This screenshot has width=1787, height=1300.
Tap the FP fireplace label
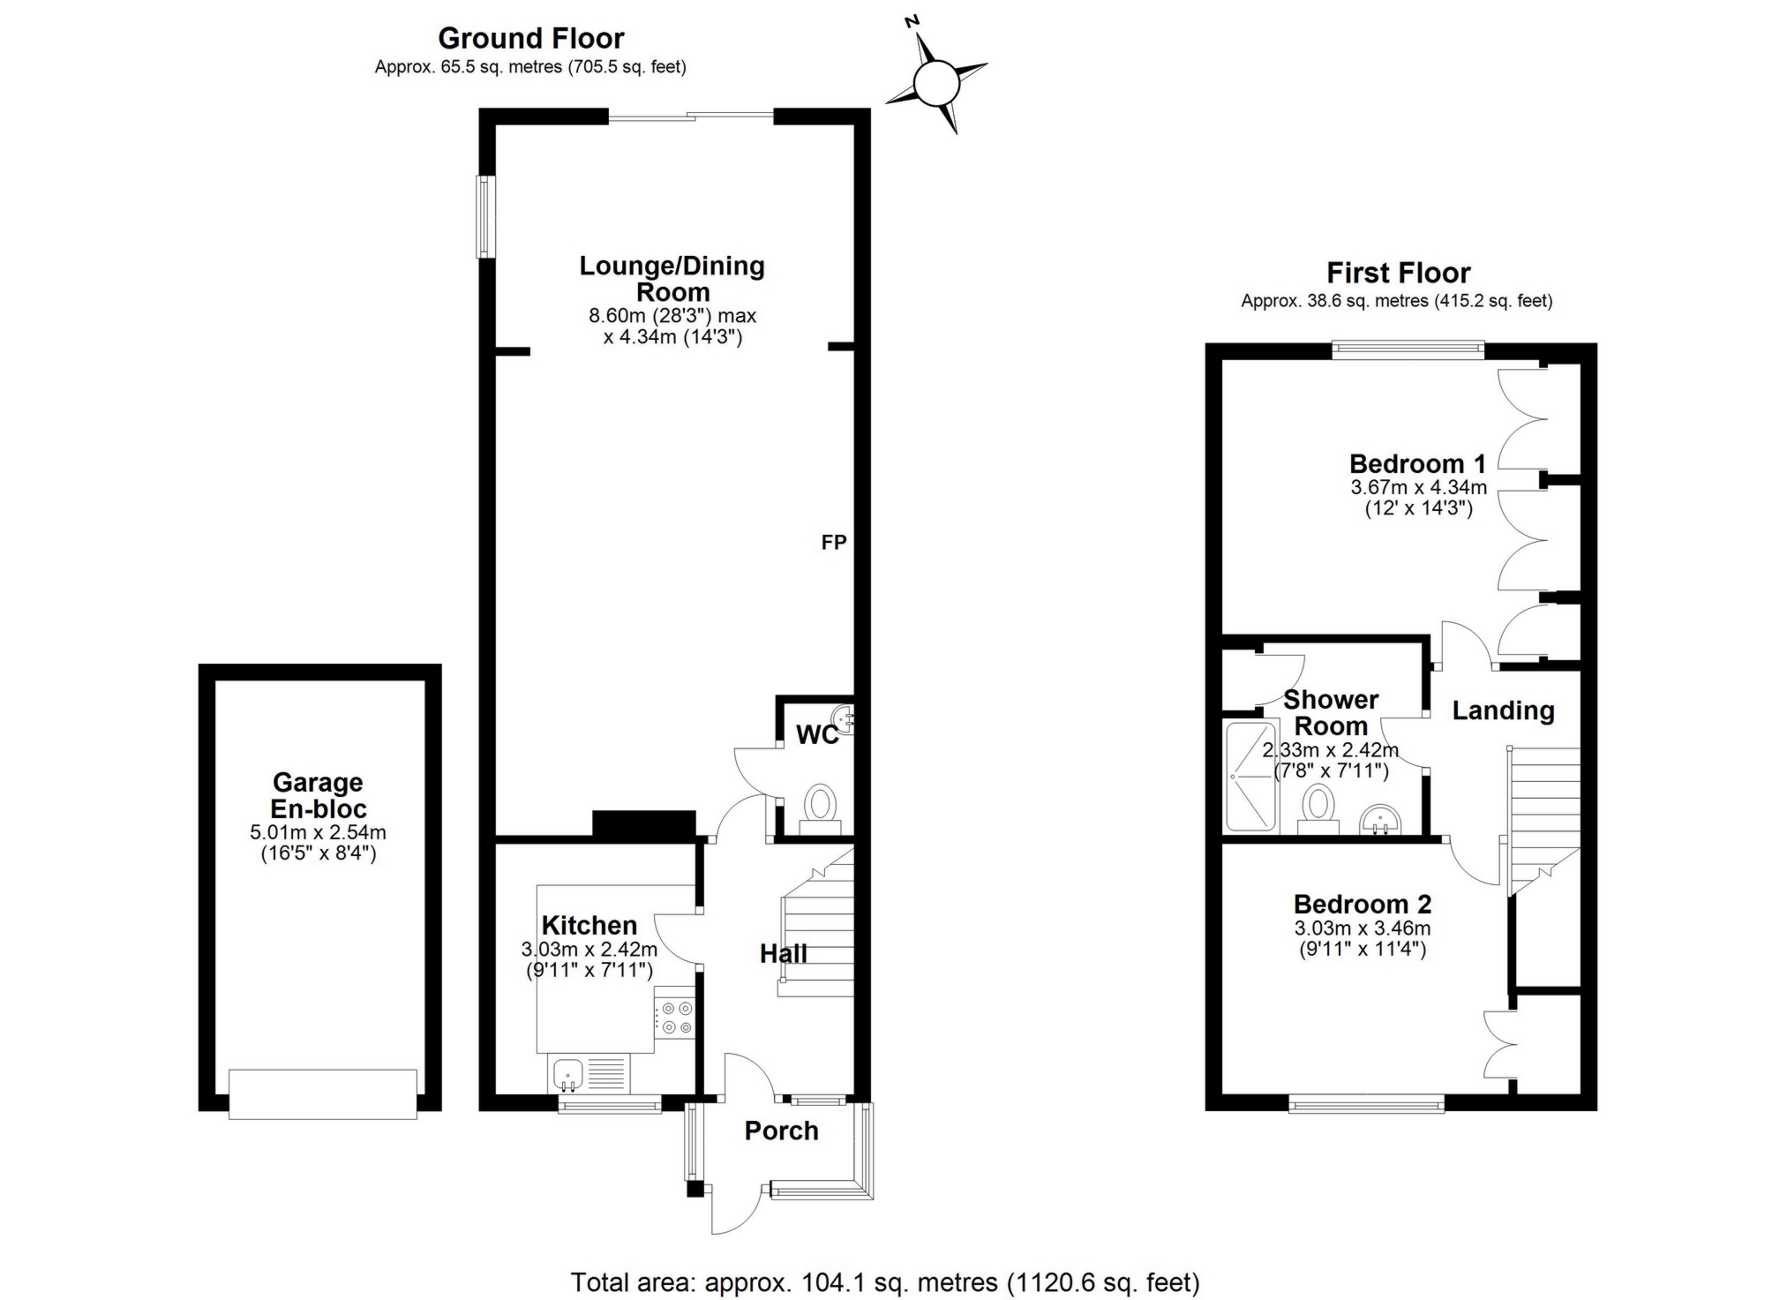click(x=833, y=542)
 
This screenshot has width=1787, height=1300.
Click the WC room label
click(x=817, y=734)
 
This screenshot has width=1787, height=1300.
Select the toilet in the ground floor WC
click(x=821, y=806)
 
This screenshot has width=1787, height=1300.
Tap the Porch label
click(x=781, y=1131)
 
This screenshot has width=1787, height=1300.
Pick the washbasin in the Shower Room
click(x=1379, y=819)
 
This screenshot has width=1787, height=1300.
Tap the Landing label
click(x=1503, y=710)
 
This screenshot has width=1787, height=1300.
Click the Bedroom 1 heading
click(x=1417, y=463)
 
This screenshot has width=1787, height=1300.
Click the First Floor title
click(x=1398, y=273)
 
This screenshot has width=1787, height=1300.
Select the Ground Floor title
click(x=530, y=38)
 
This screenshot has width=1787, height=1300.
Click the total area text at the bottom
click(x=884, y=1281)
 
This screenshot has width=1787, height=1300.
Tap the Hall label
click(x=784, y=953)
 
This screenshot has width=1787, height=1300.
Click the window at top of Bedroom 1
click(x=1408, y=350)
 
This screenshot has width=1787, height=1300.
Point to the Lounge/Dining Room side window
click(x=485, y=217)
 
